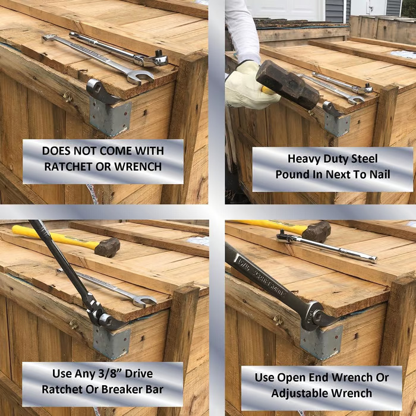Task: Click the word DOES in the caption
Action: pos(56,151)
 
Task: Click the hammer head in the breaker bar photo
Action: pos(107,247)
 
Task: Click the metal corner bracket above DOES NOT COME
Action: pos(110,117)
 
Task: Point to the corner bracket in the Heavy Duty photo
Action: pos(337,124)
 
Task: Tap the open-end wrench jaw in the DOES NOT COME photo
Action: pos(141,77)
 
